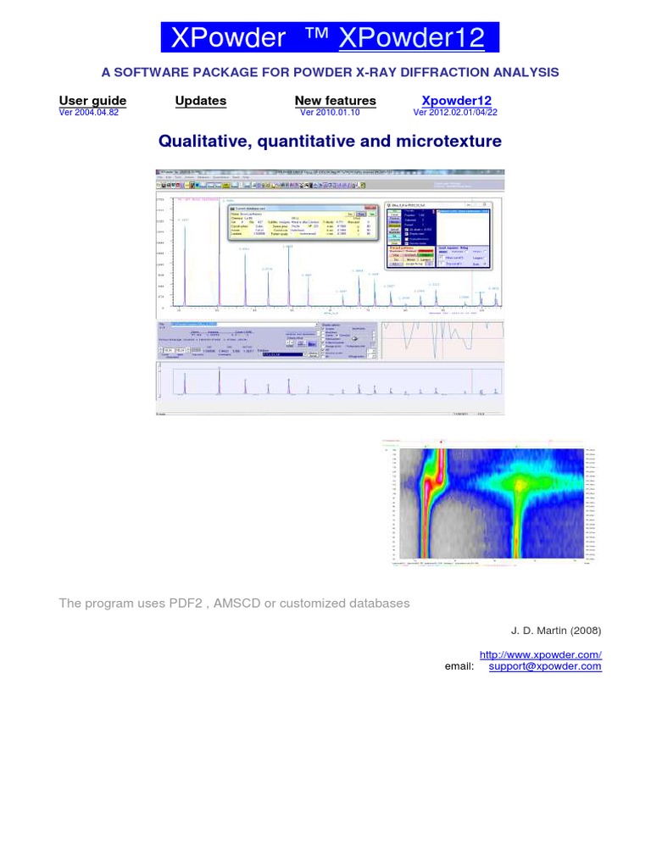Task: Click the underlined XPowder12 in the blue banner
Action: tap(412, 37)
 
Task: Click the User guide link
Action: tap(92, 100)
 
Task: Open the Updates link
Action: tap(201, 100)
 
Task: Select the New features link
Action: tap(335, 100)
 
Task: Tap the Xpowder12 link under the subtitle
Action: tap(457, 100)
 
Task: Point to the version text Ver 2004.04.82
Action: tap(89, 112)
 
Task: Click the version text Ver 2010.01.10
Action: tap(330, 112)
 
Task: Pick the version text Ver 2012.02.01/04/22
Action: tap(455, 112)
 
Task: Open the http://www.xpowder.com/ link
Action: tap(540, 654)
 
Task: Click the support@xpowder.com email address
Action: tap(545, 666)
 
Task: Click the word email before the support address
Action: tap(459, 666)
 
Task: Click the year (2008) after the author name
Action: tap(584, 631)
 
